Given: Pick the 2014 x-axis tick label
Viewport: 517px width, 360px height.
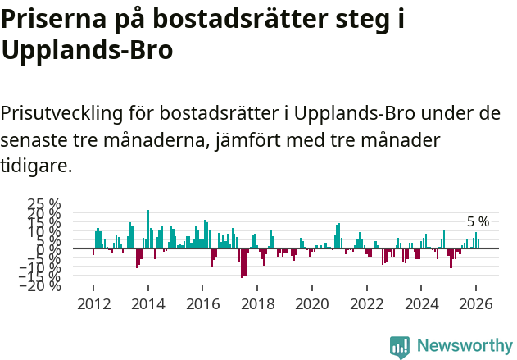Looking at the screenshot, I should pyautogui.click(x=147, y=303).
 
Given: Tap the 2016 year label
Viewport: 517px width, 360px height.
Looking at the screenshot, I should pyautogui.click(x=202, y=303).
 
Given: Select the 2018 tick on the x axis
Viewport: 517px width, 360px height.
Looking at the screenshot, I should pyautogui.click(x=257, y=303).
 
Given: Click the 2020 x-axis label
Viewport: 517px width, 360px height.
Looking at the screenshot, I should pyautogui.click(x=311, y=303).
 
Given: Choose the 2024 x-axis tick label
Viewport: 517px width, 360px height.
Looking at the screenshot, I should pyautogui.click(x=421, y=303).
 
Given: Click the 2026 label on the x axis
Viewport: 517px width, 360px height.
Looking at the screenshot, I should pyautogui.click(x=475, y=303).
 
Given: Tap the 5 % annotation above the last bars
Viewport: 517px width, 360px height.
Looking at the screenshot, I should pyautogui.click(x=478, y=221).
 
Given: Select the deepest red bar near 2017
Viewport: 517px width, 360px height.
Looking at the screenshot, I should pyautogui.click(x=242, y=262).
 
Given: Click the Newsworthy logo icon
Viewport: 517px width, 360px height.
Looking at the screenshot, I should pyautogui.click(x=400, y=346).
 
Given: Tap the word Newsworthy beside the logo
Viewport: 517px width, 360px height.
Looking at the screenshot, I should pyautogui.click(x=464, y=346).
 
